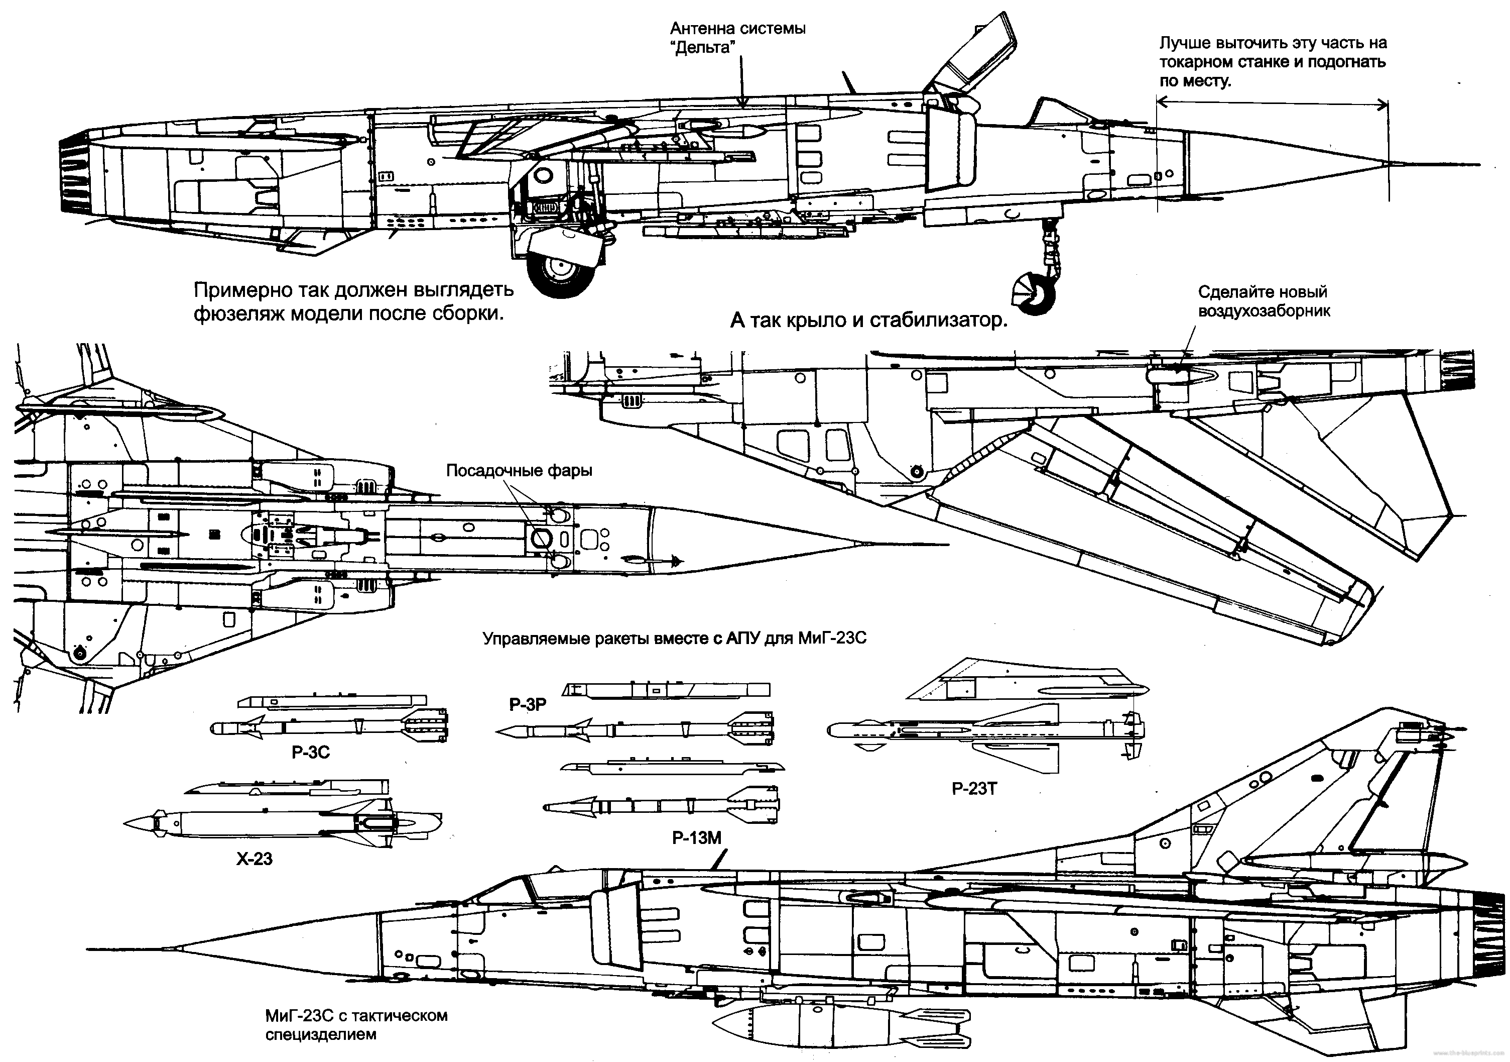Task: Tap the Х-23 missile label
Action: [x=254, y=859]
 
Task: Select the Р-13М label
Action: [x=696, y=837]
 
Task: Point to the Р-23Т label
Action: [x=974, y=788]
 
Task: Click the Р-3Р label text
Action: [x=528, y=705]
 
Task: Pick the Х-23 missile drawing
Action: [x=283, y=822]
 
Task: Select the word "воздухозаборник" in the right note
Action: [x=1264, y=311]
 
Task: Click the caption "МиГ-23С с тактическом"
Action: [x=356, y=1015]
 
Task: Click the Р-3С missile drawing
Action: [x=329, y=727]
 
